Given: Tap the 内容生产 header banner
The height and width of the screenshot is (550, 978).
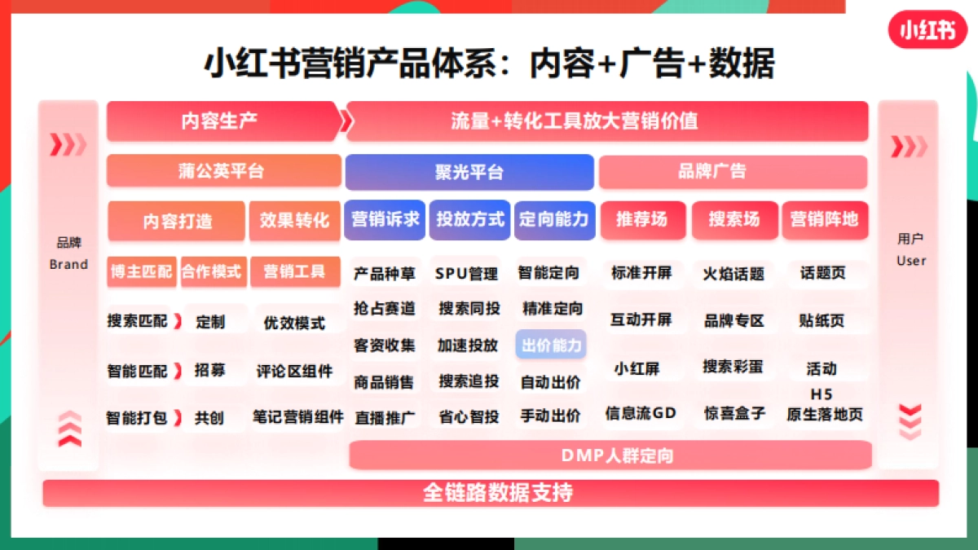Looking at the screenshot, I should pyautogui.click(x=220, y=121).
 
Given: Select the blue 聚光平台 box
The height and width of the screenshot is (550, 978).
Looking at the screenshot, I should pyautogui.click(x=469, y=172).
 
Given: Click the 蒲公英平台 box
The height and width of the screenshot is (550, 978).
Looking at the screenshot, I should pyautogui.click(x=223, y=171).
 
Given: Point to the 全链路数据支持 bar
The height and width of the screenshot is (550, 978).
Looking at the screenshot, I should pyautogui.click(x=491, y=493).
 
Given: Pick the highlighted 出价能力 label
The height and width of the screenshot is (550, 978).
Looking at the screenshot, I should pyautogui.click(x=552, y=345).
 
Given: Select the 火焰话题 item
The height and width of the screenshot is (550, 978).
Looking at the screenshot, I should pyautogui.click(x=733, y=274).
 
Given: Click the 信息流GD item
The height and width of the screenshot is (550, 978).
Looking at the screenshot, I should pyautogui.click(x=641, y=413).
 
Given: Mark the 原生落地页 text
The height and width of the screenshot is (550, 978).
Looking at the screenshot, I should pyautogui.click(x=825, y=415).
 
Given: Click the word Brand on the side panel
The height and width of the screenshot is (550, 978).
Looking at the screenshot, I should pyautogui.click(x=68, y=264).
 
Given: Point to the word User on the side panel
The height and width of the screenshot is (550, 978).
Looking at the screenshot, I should pyautogui.click(x=911, y=261).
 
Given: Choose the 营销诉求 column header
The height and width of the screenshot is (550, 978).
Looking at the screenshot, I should pyautogui.click(x=385, y=219).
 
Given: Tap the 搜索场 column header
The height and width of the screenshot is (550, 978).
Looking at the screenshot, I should pyautogui.click(x=733, y=219).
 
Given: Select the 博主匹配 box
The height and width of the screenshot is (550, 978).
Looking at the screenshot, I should pyautogui.click(x=141, y=272).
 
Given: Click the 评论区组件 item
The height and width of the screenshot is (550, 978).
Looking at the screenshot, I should pyautogui.click(x=294, y=372).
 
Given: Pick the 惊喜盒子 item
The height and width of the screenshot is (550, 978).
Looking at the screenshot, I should pyautogui.click(x=734, y=413).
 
